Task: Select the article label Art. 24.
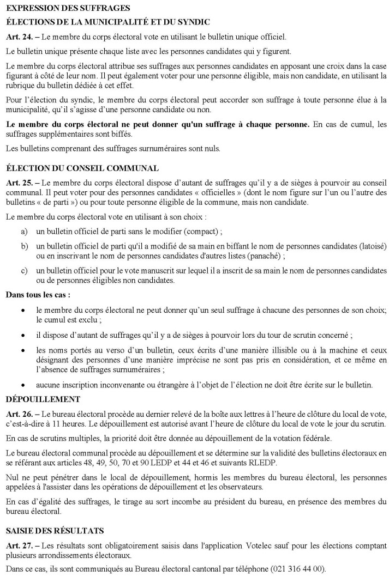tap(17, 37)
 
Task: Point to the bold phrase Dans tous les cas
tap(38, 295)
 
